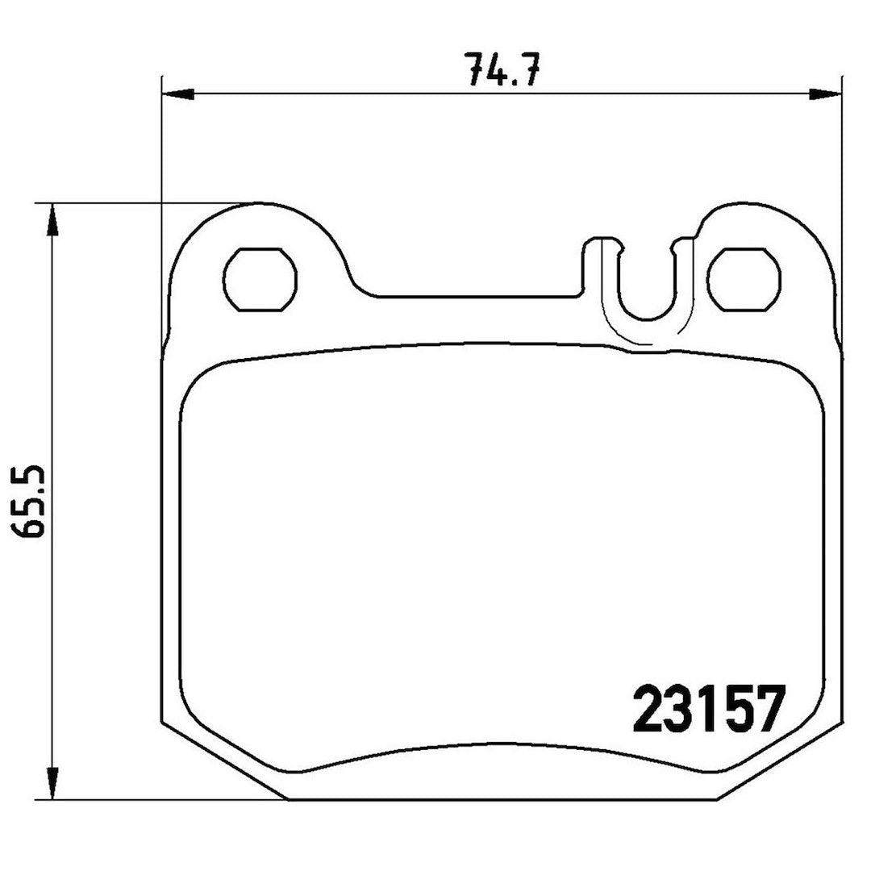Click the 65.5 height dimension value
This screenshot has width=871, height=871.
(x=30, y=500)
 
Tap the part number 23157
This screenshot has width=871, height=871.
(x=710, y=708)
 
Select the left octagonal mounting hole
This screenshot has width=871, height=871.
(x=260, y=279)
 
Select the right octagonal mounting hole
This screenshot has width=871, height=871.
(x=745, y=279)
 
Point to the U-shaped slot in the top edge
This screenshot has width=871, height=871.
(x=645, y=319)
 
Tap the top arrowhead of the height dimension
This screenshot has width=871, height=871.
(x=52, y=220)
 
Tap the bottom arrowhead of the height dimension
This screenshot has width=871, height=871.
(x=52, y=783)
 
